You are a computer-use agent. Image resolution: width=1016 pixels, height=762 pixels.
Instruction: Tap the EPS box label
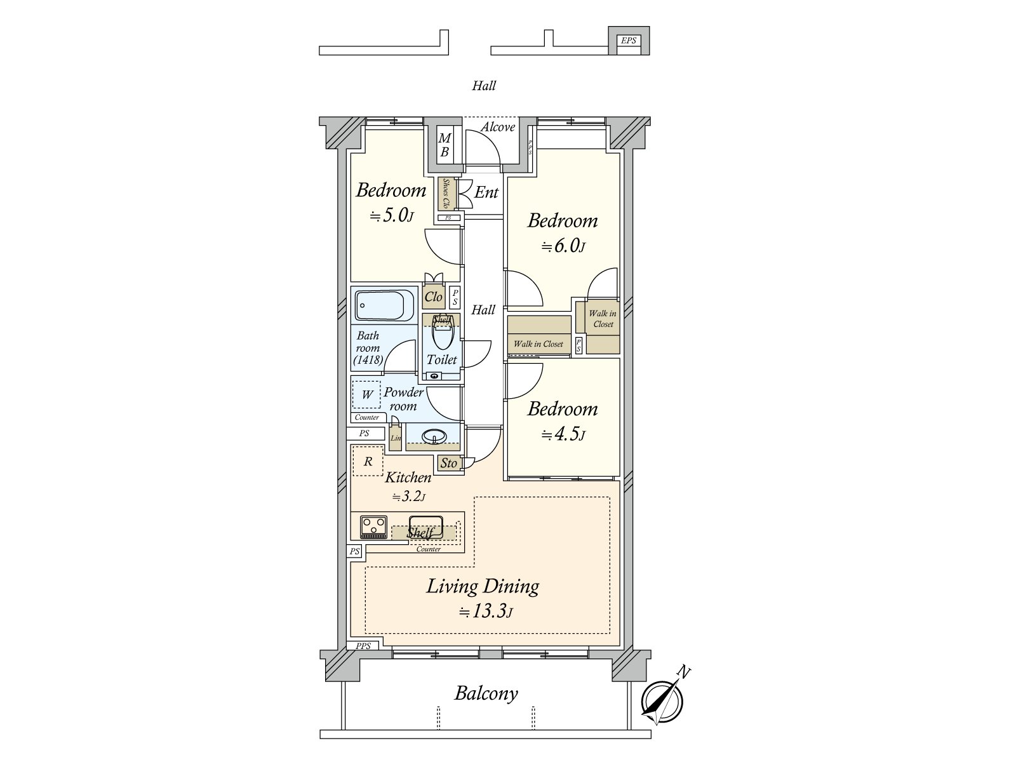tap(628, 41)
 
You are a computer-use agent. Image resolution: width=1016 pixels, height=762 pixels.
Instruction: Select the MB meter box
tap(445, 144)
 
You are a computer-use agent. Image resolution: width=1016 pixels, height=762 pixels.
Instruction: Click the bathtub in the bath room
tap(384, 305)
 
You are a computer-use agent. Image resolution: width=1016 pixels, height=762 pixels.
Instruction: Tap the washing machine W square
tap(366, 394)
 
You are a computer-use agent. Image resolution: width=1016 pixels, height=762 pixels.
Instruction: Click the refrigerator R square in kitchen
tap(368, 461)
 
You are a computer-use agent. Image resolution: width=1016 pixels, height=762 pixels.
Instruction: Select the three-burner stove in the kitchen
tap(373, 528)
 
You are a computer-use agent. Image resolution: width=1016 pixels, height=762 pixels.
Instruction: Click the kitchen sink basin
tap(426, 528)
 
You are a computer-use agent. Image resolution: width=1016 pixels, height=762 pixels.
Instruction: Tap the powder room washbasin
tap(434, 436)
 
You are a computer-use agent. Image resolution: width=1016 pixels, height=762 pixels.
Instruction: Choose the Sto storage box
tap(448, 463)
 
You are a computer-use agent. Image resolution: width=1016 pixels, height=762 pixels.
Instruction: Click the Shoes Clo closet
tap(446, 194)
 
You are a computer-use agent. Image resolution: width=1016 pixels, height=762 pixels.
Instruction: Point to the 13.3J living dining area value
tap(486, 612)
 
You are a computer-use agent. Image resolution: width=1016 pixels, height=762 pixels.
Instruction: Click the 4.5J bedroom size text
tap(563, 434)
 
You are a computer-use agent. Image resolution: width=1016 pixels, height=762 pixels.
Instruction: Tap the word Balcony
tap(486, 693)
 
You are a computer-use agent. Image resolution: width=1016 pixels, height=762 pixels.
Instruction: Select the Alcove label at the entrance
tap(498, 127)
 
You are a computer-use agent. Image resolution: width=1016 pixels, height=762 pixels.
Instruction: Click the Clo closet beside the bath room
tap(434, 297)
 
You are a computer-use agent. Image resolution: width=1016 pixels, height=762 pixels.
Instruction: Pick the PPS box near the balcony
tap(363, 646)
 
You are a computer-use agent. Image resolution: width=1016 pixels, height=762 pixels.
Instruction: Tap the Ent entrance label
tap(486, 192)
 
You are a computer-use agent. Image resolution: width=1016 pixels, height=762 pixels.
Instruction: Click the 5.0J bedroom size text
tap(392, 215)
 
